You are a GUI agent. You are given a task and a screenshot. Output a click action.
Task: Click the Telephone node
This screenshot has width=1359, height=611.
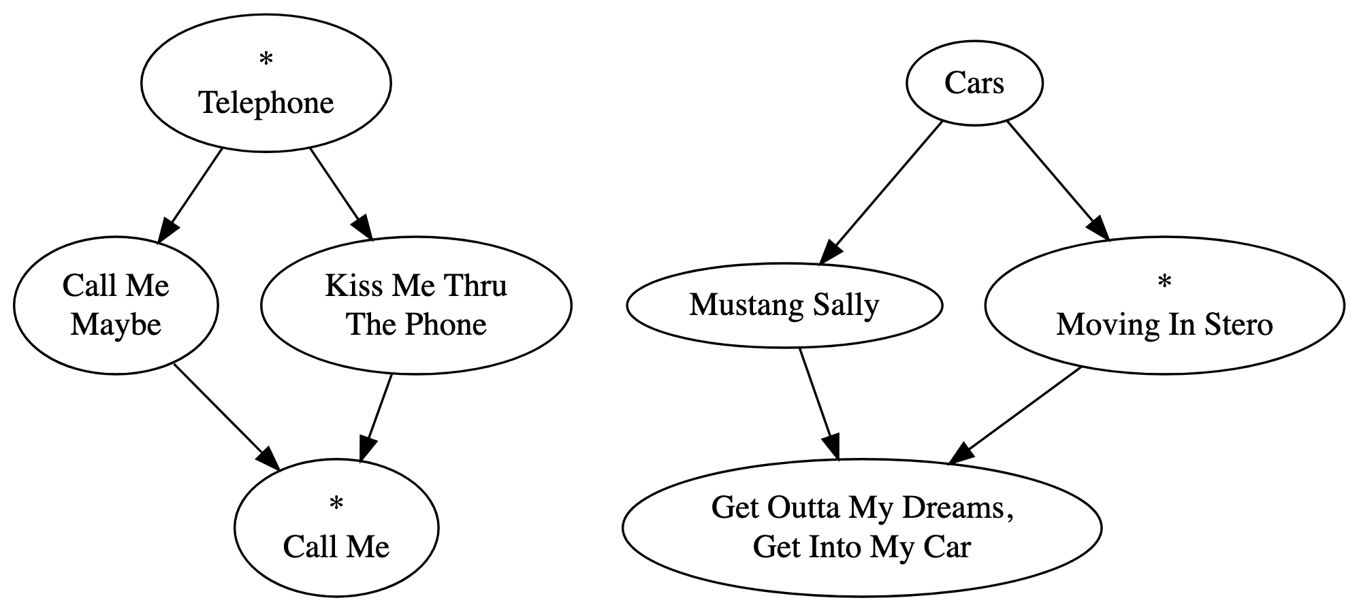(x=266, y=84)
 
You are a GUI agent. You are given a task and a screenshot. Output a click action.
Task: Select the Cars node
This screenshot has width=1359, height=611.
(x=974, y=84)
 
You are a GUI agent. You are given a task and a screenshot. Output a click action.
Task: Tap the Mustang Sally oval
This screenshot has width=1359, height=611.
(x=784, y=305)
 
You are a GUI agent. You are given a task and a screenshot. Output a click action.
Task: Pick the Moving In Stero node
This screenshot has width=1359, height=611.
(x=1164, y=305)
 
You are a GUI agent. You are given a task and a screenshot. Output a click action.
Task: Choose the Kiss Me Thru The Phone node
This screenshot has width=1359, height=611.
(x=416, y=305)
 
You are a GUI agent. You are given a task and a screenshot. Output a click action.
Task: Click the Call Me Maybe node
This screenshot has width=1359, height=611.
(x=116, y=305)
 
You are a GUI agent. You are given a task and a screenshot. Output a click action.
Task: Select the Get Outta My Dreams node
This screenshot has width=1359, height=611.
(x=861, y=527)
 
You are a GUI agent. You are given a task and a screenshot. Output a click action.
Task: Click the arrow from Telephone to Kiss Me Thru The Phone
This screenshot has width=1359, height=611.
(x=341, y=194)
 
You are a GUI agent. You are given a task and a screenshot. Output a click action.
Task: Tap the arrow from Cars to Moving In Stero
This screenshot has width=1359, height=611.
(x=1058, y=180)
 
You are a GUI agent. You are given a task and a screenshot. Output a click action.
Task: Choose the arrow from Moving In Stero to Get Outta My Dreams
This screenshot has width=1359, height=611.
(x=1015, y=416)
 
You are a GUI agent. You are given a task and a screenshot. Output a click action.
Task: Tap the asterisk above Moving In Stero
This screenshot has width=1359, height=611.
(x=1164, y=283)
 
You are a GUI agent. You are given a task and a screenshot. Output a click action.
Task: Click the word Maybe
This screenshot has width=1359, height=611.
(x=116, y=325)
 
